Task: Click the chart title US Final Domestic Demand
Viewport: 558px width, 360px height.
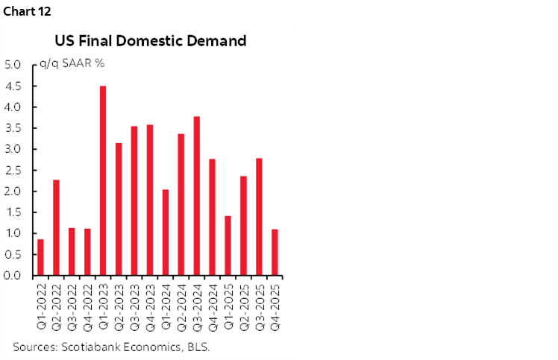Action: [149, 41]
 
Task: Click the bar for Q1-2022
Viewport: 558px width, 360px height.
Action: [40, 257]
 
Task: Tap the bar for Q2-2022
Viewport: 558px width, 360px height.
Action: [56, 227]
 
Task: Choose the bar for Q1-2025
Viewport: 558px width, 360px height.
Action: [228, 246]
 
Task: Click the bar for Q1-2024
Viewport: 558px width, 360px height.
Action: [165, 233]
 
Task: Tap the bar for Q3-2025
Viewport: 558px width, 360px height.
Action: [259, 217]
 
